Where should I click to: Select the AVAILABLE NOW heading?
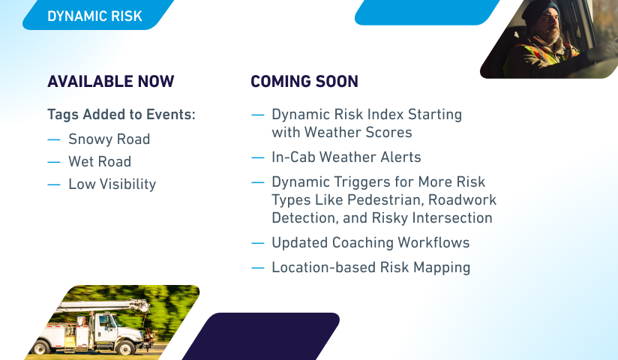pyautogui.click(x=111, y=81)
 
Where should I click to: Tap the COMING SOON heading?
pyautogui.click(x=304, y=81)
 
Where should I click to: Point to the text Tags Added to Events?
pyautogui.click(x=121, y=114)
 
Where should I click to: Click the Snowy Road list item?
pyautogui.click(x=109, y=139)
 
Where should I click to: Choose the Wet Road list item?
pyautogui.click(x=100, y=162)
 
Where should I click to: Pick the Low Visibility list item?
pyautogui.click(x=112, y=184)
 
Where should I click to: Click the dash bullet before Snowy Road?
pyautogui.click(x=53, y=139)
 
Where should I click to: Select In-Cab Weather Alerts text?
pyautogui.click(x=346, y=157)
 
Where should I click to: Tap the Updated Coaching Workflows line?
pyautogui.click(x=370, y=242)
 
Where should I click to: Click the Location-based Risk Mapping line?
pyautogui.click(x=371, y=267)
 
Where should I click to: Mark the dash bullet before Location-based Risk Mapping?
pyautogui.click(x=258, y=268)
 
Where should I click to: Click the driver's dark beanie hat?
pyautogui.click(x=539, y=12)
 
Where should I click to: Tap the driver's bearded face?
pyautogui.click(x=547, y=27)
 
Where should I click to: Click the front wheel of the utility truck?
pyautogui.click(x=125, y=348)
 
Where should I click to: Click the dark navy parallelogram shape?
pyautogui.click(x=261, y=336)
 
